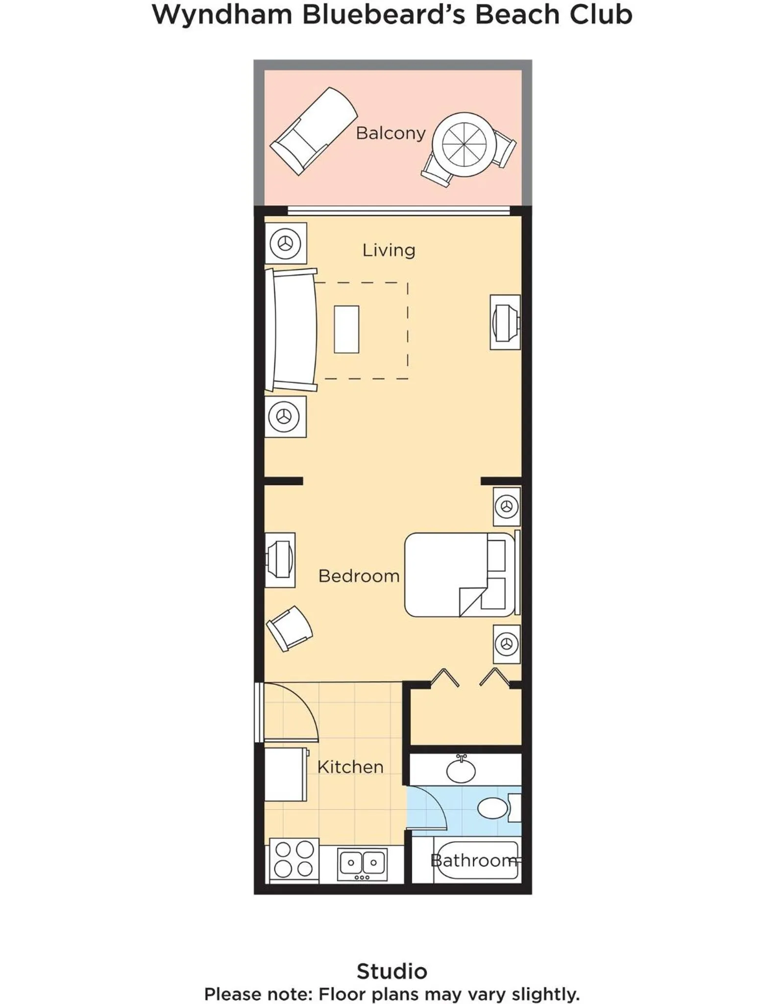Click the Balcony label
[x=391, y=133]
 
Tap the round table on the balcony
[x=464, y=145]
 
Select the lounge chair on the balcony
[x=314, y=131]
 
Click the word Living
[x=389, y=251]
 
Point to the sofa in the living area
[x=292, y=330]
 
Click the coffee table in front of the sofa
[x=346, y=329]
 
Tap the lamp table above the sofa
[x=286, y=243]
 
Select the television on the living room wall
[x=505, y=322]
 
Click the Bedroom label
[x=359, y=576]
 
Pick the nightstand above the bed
[x=507, y=506]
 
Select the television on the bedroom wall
[x=280, y=559]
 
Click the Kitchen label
[x=350, y=767]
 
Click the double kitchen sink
[x=362, y=864]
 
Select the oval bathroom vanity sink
[x=461, y=770]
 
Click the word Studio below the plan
[x=392, y=971]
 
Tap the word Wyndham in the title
[x=222, y=15]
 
